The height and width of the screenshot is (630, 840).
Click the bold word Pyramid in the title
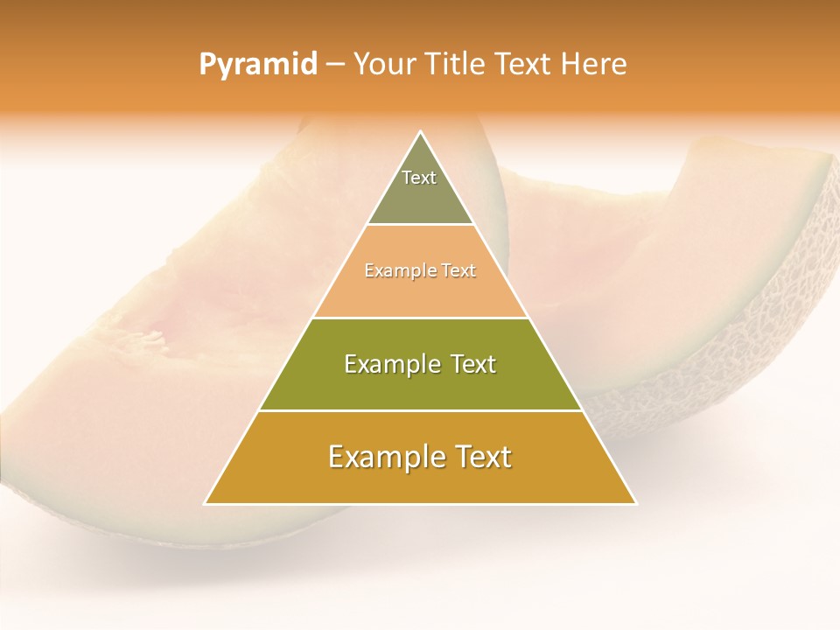[x=258, y=65]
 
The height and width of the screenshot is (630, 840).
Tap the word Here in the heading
[x=594, y=65]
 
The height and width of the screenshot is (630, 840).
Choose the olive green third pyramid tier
[x=420, y=385]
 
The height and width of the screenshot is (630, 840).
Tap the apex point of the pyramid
[x=421, y=131]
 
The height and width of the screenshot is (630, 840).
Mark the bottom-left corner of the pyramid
[x=205, y=504]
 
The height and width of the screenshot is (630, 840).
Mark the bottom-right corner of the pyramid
[x=636, y=504]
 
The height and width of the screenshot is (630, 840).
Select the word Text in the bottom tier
[x=482, y=457]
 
